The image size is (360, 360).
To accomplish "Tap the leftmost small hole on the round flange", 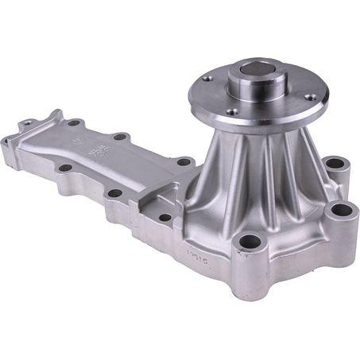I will [208, 79].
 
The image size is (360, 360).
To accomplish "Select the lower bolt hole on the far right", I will [340, 211].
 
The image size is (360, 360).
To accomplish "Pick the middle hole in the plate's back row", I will [120, 137].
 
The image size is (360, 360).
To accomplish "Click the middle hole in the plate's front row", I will [114, 192].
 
